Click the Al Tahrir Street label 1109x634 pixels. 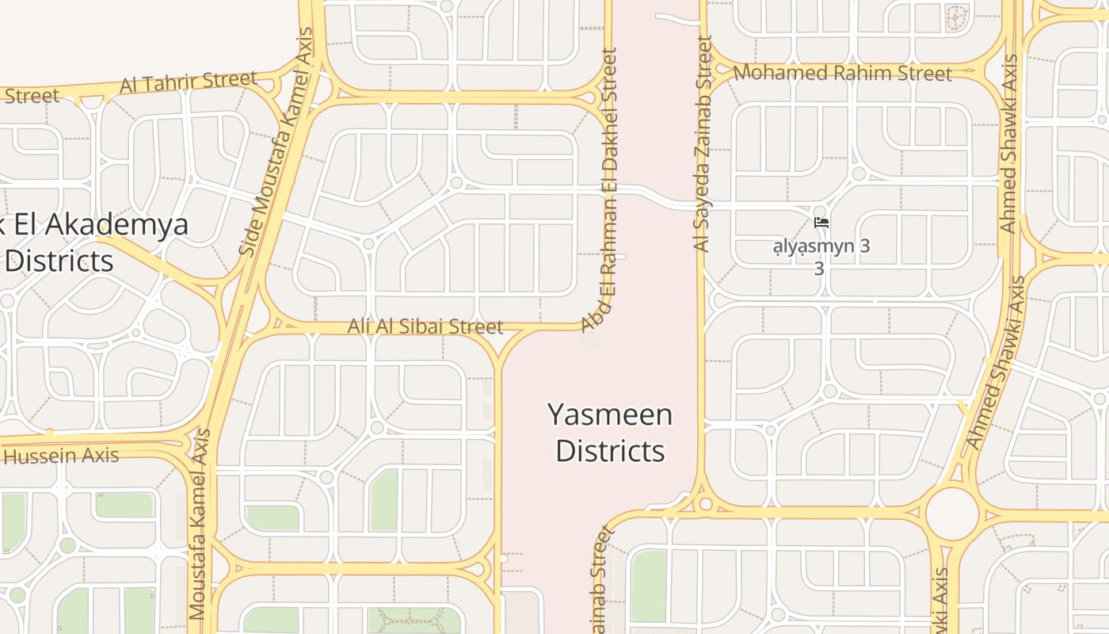click(189, 82)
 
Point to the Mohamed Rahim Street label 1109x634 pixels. click(842, 73)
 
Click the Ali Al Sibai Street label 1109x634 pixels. click(425, 327)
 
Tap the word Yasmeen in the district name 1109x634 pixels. click(610, 414)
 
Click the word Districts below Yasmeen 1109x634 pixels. click(610, 450)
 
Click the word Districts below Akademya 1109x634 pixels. click(59, 260)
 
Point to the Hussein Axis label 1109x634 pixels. click(62, 456)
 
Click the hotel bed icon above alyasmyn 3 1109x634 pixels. click(821, 223)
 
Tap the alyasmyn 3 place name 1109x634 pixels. click(821, 246)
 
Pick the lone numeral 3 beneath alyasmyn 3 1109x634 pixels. click(819, 269)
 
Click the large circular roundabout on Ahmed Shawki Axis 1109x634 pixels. click(951, 514)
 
